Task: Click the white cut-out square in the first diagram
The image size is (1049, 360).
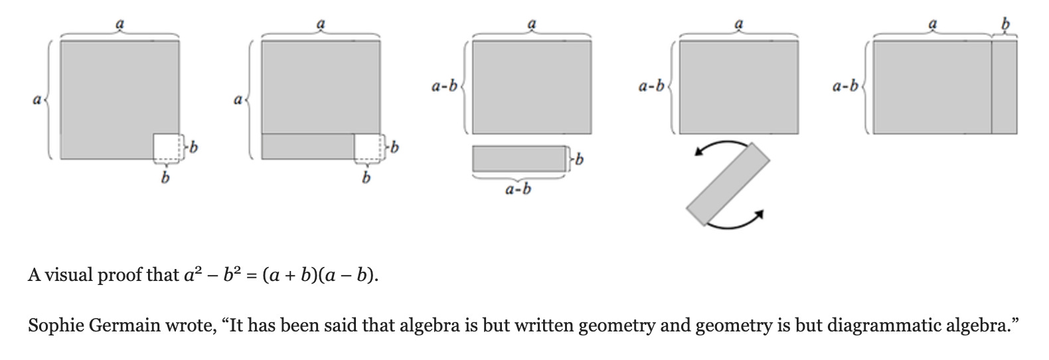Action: click(166, 146)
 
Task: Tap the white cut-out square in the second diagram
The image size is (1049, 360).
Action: click(367, 146)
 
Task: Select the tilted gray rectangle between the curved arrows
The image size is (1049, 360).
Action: click(728, 184)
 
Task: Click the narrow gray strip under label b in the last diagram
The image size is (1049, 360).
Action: click(1004, 87)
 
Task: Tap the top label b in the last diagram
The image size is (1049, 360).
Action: click(1005, 25)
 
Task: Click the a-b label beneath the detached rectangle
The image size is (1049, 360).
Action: click(518, 190)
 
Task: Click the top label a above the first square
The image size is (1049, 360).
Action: click(120, 24)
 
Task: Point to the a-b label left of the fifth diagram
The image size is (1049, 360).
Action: click(845, 86)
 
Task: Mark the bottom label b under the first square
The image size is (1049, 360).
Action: click(165, 178)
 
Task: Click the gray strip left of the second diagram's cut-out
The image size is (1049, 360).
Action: click(308, 146)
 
